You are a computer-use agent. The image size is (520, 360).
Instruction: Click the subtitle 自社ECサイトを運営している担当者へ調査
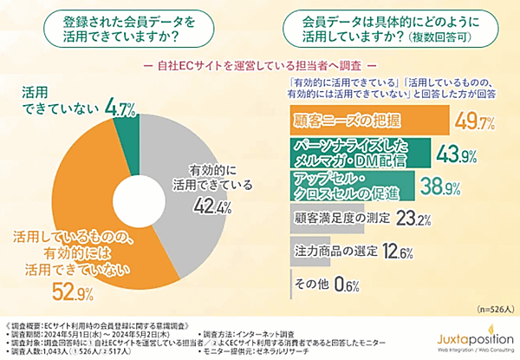[x=260, y=65]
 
